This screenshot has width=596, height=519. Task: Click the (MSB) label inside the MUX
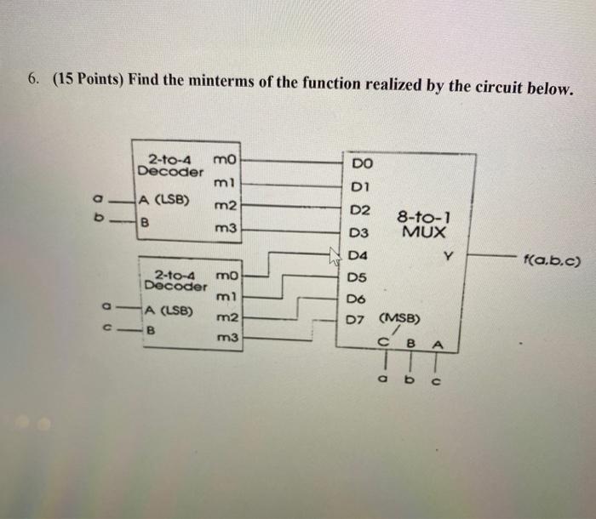point(402,320)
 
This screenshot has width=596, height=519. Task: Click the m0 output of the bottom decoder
point(228,276)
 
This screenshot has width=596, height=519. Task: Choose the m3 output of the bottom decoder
point(226,338)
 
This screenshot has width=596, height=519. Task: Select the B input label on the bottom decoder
point(152,330)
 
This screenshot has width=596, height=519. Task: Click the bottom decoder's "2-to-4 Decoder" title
point(176,280)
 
